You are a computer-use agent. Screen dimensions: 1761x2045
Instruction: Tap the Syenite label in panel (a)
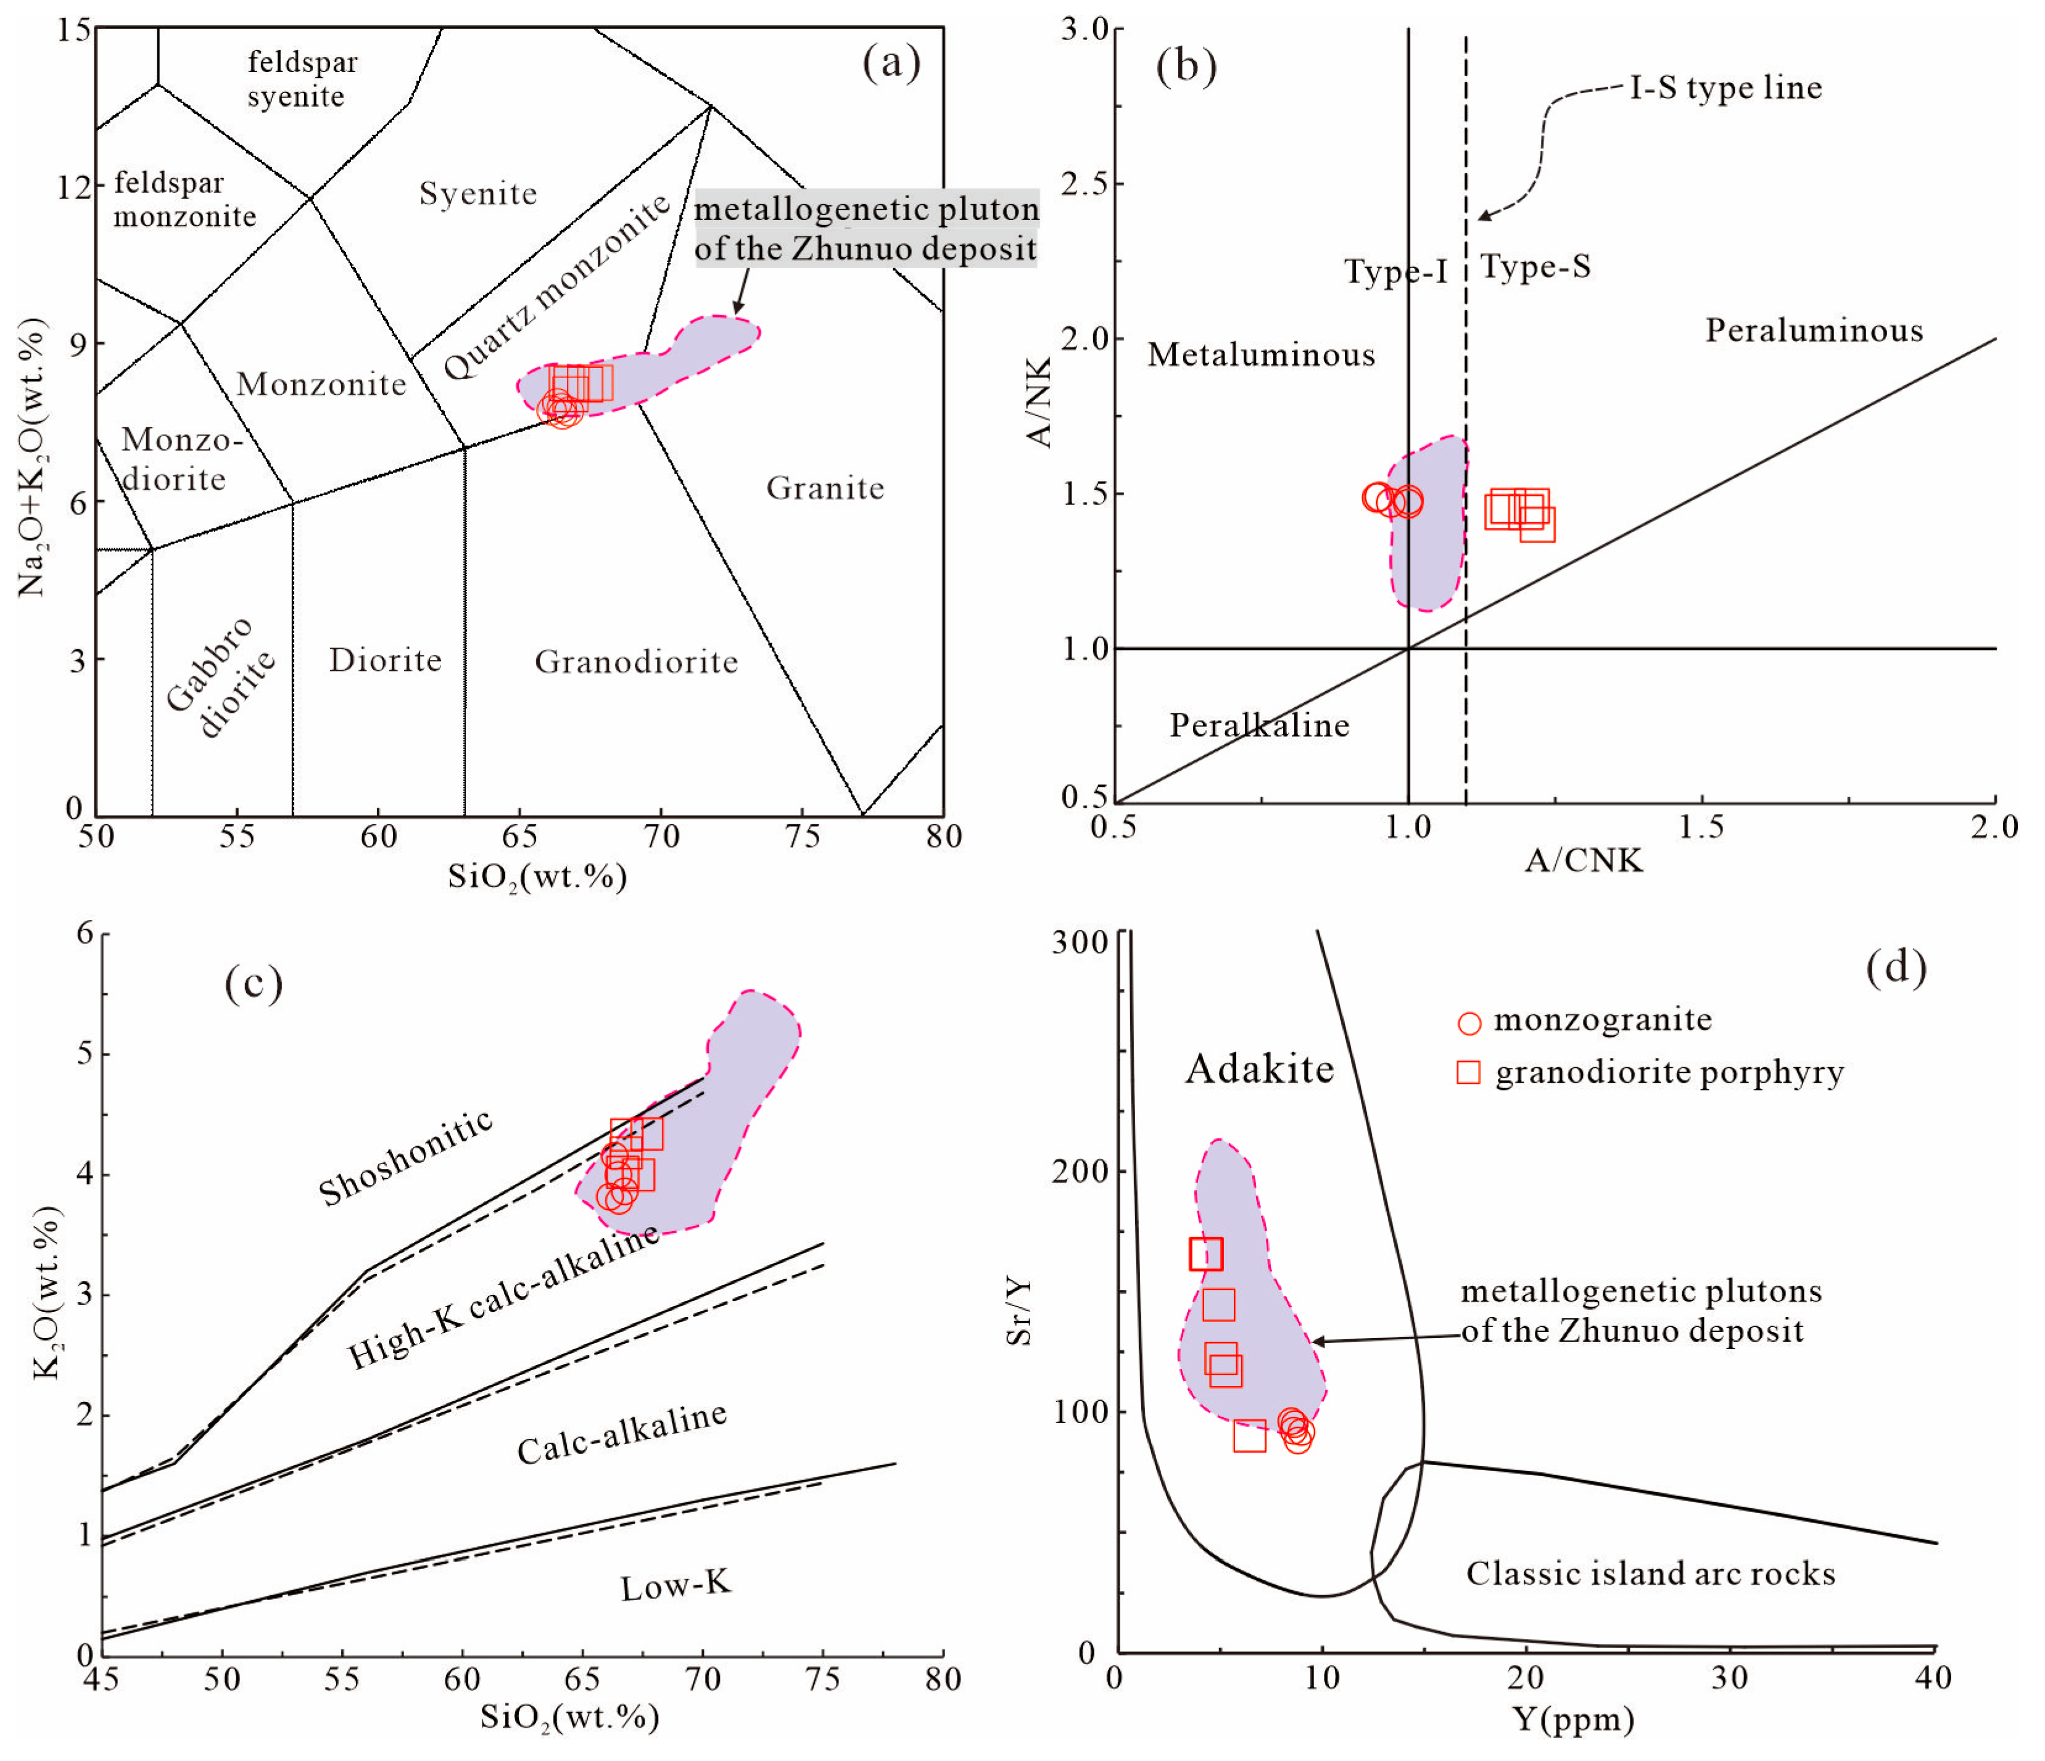[x=479, y=194]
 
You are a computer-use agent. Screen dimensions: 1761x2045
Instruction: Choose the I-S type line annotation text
[x=1725, y=88]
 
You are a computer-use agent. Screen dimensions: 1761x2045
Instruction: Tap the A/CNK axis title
[x=1583, y=860]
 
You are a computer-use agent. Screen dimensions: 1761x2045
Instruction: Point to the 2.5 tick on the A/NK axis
[x=1084, y=184]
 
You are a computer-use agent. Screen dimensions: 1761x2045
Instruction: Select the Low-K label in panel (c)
[x=676, y=1587]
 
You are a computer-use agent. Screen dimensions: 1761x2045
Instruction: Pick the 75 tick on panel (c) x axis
[x=822, y=1679]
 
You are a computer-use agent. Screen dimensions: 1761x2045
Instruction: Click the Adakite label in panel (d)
[x=1259, y=1069]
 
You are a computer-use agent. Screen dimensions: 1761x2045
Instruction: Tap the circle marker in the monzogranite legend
[x=1469, y=1023]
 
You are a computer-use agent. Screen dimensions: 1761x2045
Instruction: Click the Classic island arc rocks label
[x=1650, y=1574]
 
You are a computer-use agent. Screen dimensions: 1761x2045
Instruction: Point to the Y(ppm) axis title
[x=1573, y=1720]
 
